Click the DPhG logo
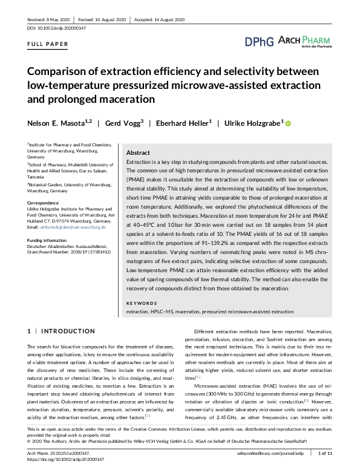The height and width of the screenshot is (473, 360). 259,42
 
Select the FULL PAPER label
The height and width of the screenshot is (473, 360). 48,45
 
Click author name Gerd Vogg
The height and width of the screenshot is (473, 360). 125,123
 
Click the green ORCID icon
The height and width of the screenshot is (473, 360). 289,124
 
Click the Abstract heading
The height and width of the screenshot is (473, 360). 138,154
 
